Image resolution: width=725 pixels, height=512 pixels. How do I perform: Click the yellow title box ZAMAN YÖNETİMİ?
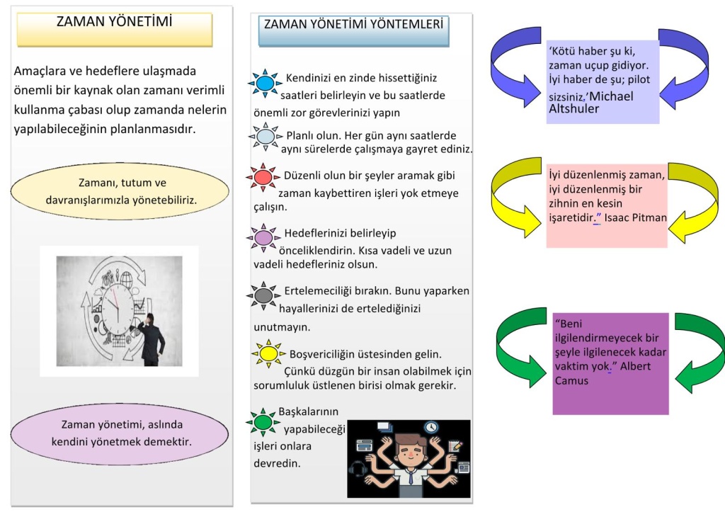click(115, 30)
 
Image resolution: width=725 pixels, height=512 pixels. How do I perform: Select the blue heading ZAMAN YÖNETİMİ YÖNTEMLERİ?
click(354, 30)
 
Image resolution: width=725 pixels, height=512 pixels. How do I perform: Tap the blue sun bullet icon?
click(265, 84)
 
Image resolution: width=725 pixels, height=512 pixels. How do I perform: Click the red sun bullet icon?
click(263, 177)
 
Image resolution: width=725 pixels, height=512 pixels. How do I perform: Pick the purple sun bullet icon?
click(263, 238)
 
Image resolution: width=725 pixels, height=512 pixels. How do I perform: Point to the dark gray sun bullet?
click(263, 295)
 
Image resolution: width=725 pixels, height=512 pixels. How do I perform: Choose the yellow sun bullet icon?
click(268, 354)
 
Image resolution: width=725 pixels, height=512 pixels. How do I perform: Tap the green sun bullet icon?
click(263, 422)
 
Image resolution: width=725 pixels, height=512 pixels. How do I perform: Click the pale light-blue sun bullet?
click(266, 137)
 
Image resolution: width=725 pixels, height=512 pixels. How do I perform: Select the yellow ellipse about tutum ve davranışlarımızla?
click(120, 191)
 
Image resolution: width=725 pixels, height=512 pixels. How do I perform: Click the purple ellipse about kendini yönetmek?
click(120, 433)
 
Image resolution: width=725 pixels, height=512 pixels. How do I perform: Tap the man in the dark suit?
click(151, 340)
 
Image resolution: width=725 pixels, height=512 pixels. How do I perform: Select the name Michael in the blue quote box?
click(611, 96)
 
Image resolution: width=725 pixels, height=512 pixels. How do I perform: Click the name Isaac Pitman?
click(635, 218)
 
